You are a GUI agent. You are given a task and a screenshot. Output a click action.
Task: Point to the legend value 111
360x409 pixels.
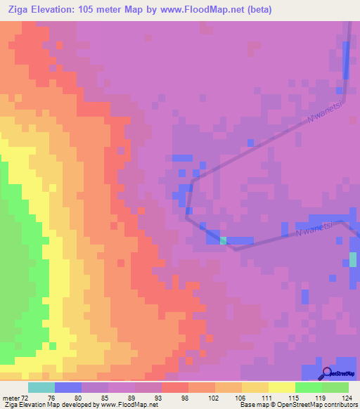click(x=253, y=398)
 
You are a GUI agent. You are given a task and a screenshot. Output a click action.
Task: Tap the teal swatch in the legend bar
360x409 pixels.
click(x=41, y=387)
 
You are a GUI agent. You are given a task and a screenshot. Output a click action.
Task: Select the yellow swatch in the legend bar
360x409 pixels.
click(x=282, y=387)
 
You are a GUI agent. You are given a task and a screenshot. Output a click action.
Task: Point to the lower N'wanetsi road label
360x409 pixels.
click(x=310, y=231)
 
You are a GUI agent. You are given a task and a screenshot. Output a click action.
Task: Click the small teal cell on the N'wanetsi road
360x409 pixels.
click(x=224, y=240)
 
